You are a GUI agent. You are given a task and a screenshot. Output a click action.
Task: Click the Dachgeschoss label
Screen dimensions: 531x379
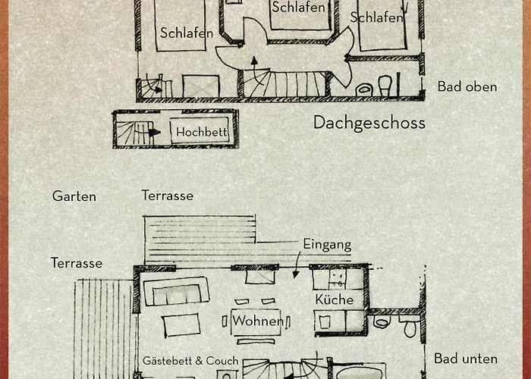369,123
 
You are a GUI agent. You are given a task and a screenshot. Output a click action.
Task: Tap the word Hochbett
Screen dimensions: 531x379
202,132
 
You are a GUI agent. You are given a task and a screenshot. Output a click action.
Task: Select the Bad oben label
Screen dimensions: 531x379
467,86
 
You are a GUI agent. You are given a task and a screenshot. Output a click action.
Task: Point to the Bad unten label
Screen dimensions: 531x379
466,359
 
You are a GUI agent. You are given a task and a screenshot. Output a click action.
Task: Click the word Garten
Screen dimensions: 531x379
74,196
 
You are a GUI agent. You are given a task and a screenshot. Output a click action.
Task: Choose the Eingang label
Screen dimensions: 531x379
327,244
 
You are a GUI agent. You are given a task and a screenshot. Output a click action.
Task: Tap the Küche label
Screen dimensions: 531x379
335,299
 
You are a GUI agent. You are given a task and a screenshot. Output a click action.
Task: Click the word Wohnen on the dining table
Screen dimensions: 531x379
258,321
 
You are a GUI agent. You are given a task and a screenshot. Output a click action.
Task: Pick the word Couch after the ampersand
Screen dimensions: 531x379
222,361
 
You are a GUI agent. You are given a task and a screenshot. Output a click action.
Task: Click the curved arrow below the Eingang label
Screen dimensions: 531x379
297,265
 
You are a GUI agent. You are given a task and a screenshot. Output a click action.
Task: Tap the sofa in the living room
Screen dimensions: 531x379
176,291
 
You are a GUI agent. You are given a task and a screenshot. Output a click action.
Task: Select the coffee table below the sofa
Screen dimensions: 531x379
181,324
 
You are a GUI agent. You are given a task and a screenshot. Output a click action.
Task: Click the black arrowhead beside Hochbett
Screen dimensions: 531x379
155,133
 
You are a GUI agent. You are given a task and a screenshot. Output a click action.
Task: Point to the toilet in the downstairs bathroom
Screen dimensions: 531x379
410,327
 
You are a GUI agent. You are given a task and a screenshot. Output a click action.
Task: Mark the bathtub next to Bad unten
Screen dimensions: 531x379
359,371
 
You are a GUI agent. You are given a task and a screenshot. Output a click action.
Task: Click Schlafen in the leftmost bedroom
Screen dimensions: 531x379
187,33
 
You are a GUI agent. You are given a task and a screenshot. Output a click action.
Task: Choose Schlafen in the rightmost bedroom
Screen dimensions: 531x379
376,17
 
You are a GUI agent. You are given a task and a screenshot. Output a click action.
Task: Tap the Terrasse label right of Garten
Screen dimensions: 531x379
168,196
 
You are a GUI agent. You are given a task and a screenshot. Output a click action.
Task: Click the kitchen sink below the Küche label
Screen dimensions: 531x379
325,322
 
